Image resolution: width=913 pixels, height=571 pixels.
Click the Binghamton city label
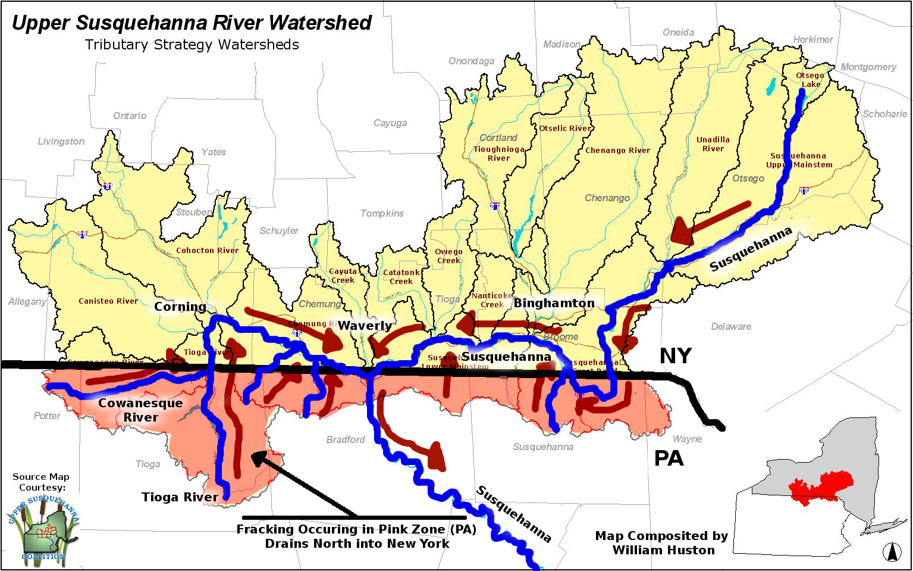click(x=554, y=303)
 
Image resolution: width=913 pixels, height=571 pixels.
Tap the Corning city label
click(x=180, y=307)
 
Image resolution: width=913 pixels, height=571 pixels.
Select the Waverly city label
click(x=365, y=326)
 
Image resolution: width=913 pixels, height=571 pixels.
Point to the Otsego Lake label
click(x=810, y=80)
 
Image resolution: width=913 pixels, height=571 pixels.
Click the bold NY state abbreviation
click(x=675, y=356)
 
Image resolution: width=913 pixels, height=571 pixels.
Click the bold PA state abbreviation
click(x=669, y=458)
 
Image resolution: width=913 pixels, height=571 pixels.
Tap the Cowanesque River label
click(x=140, y=410)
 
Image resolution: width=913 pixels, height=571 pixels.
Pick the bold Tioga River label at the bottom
click(x=180, y=497)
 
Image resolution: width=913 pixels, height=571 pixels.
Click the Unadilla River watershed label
click(x=713, y=144)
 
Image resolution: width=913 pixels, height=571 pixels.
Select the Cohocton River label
click(x=207, y=251)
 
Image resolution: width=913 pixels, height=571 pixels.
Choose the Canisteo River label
click(x=108, y=301)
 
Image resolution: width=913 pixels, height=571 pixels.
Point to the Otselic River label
click(x=565, y=128)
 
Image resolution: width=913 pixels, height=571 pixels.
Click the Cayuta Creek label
click(x=343, y=276)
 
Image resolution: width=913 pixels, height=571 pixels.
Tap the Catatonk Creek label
click(x=401, y=277)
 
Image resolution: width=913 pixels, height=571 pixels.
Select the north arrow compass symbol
click(x=892, y=552)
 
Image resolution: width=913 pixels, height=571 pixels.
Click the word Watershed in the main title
click(x=319, y=23)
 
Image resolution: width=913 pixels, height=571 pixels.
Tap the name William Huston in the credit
click(x=664, y=550)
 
